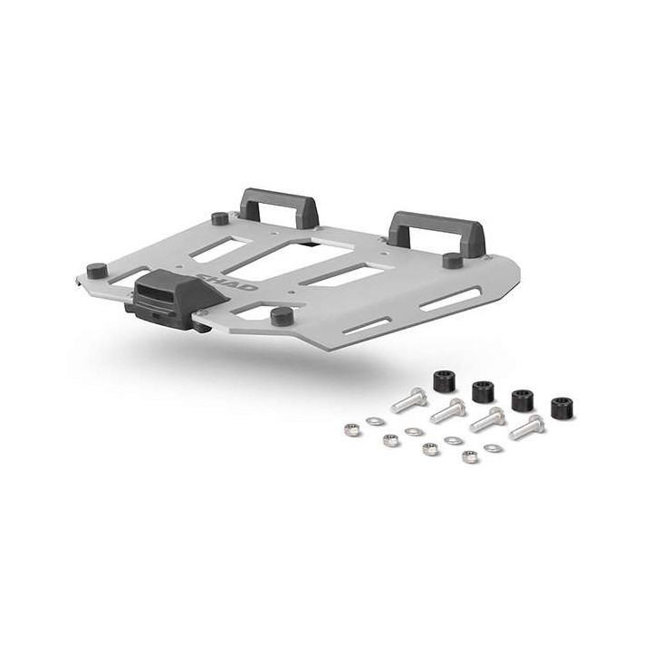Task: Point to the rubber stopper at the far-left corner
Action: (95, 269)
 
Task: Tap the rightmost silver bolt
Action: (526, 427)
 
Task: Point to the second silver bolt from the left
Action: (447, 410)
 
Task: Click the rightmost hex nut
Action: (470, 456)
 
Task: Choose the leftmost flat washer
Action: (372, 420)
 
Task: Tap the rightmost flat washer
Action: (493, 447)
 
